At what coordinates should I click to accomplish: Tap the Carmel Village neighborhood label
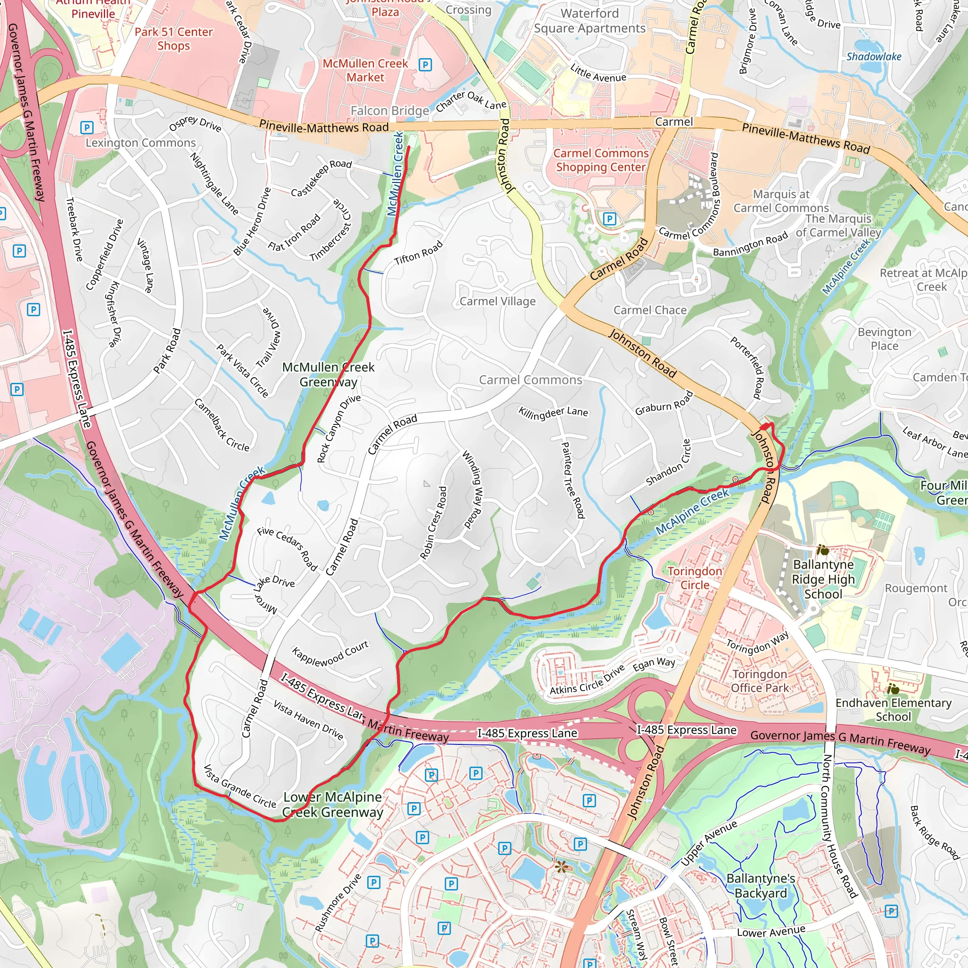click(x=498, y=301)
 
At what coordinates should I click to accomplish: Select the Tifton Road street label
click(x=418, y=252)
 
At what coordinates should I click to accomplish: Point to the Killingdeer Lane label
click(x=553, y=412)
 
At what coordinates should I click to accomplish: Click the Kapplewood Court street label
click(x=330, y=653)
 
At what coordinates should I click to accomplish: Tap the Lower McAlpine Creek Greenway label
click(x=333, y=804)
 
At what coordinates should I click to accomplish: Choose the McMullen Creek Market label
click(x=365, y=70)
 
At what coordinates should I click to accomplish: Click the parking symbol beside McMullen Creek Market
click(x=425, y=65)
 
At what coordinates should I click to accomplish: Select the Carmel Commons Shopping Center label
click(x=601, y=160)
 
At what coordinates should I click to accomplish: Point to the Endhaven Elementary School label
click(x=893, y=709)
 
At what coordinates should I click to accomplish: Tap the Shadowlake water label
click(x=874, y=57)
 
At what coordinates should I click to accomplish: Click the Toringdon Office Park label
click(x=760, y=681)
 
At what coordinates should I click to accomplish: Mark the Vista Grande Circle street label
click(x=240, y=786)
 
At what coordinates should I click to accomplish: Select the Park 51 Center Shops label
click(x=173, y=39)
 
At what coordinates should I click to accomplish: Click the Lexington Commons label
click(x=141, y=143)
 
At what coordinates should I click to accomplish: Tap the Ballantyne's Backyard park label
click(x=761, y=886)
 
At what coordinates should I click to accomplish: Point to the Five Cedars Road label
click(x=287, y=549)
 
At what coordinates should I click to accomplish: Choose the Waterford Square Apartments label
click(x=590, y=21)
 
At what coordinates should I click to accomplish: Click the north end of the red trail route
click(x=409, y=147)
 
